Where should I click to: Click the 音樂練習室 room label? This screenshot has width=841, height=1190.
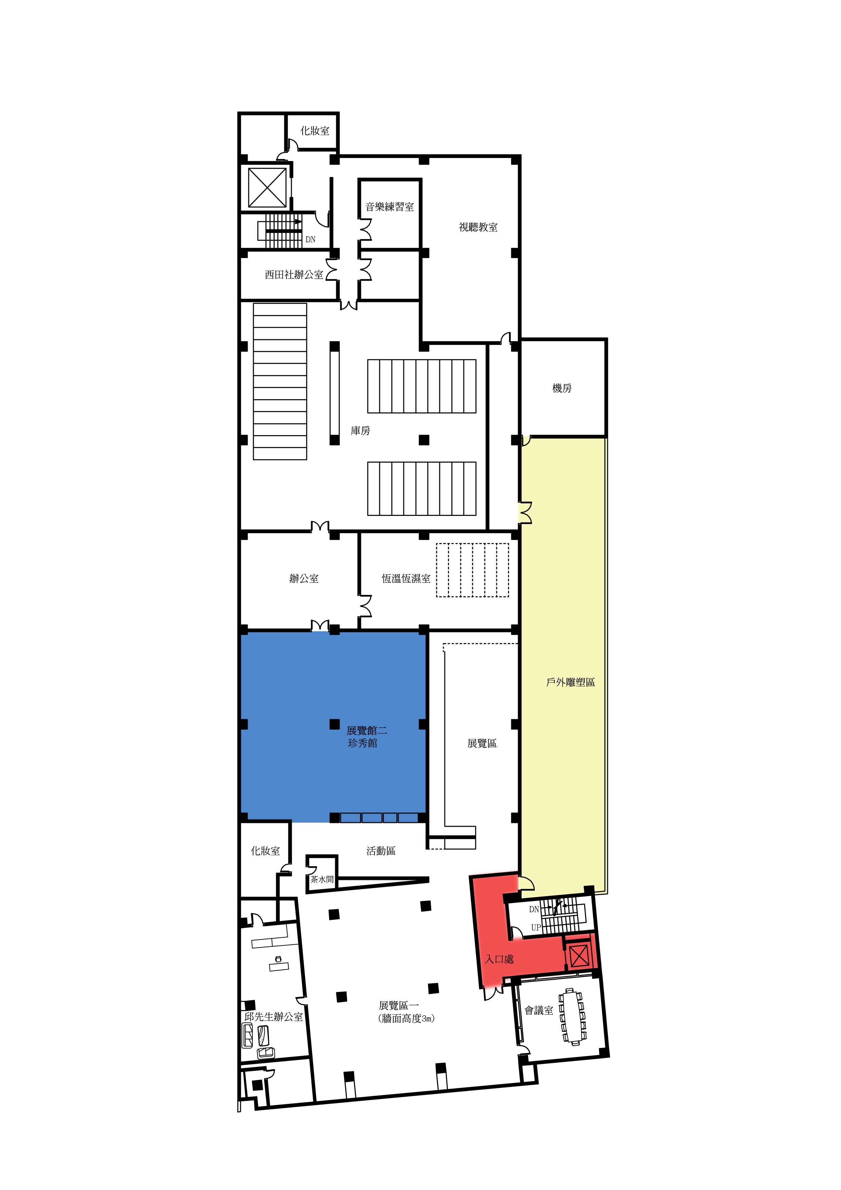point(390,207)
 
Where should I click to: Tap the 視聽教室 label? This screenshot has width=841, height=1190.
point(478,227)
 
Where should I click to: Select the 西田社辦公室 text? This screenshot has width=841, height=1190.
point(294,275)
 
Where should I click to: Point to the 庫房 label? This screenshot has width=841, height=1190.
point(360,431)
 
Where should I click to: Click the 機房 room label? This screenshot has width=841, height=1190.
point(562,388)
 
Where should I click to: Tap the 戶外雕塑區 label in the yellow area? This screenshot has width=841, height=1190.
point(571,682)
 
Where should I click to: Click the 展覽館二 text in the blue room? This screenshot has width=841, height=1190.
point(367,731)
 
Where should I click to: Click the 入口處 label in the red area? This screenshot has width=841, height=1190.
point(499,959)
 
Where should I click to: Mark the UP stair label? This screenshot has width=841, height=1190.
point(536,928)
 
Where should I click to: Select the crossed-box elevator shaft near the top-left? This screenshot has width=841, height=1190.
point(267,187)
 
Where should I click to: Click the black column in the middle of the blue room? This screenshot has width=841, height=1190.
point(335,724)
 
